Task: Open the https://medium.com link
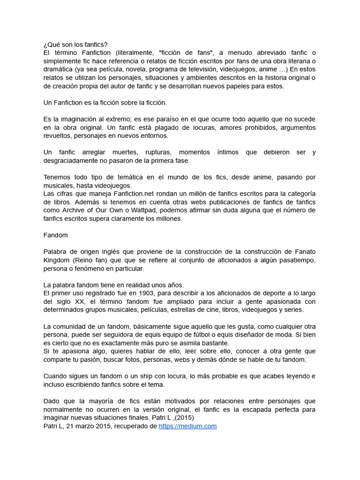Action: pos(187,426)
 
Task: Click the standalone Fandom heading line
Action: pos(55,235)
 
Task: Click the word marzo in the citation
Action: pos(89,426)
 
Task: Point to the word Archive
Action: pos(67,210)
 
